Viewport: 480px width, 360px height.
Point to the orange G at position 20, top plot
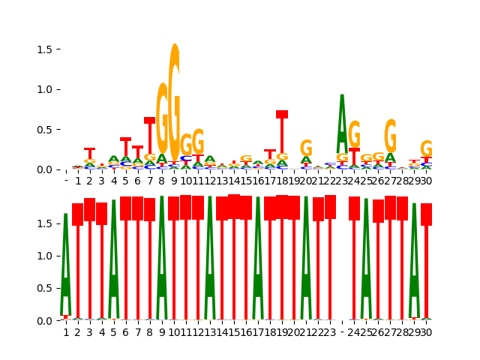point(306,148)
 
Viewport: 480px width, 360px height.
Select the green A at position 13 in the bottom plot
point(210,255)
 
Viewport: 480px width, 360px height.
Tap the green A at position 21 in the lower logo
point(306,255)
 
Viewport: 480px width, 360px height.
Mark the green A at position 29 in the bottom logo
point(414,259)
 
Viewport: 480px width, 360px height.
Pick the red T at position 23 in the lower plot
point(330,255)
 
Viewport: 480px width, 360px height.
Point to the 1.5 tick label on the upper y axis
point(45,49)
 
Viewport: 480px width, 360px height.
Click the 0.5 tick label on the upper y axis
point(45,129)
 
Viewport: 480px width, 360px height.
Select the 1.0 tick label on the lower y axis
point(45,256)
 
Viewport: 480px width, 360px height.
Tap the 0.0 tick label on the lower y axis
point(45,320)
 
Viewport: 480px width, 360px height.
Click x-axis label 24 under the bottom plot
point(354,332)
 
